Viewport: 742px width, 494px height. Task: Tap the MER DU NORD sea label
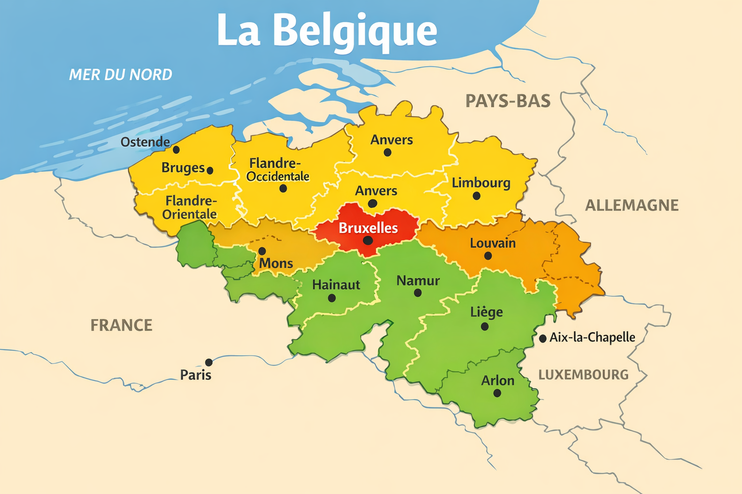click(120, 75)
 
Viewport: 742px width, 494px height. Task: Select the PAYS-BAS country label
click(508, 101)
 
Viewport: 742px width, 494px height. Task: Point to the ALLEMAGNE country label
click(631, 206)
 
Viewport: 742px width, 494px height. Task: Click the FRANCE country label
click(121, 325)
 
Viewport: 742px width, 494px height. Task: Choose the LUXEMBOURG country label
click(583, 375)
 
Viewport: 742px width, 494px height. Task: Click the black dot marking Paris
click(209, 362)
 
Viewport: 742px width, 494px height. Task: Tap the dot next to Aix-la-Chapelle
click(543, 339)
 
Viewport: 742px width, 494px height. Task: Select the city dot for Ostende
click(176, 150)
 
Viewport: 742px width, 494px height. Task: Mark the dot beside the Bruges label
click(210, 170)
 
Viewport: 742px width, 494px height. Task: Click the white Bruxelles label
click(368, 228)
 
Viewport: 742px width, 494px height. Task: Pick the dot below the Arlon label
click(497, 393)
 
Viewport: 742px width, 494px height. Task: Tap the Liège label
click(486, 312)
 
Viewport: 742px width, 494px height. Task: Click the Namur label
click(418, 281)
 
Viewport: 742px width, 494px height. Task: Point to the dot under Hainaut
click(332, 298)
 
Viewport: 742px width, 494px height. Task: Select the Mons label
click(276, 263)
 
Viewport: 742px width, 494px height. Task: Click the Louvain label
click(493, 243)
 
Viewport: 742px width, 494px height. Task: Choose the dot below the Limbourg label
click(476, 196)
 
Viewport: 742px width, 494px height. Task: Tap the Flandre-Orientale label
click(190, 207)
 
